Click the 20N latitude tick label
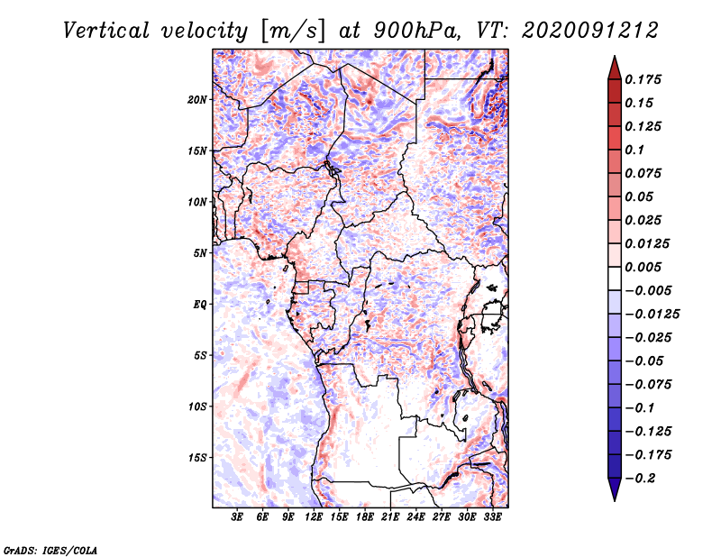tap(198, 99)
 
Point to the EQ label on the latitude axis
tap(200, 305)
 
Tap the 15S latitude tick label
tap(198, 458)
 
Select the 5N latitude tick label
tap(200, 253)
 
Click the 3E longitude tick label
tap(238, 517)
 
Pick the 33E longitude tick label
tap(492, 517)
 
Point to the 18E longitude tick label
tap(365, 517)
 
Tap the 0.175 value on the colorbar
tap(643, 79)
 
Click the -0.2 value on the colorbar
tap(641, 478)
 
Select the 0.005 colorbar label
tap(643, 267)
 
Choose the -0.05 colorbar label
tap(643, 361)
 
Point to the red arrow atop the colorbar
tap(613, 66)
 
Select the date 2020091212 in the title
tap(582, 30)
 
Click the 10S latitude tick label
tap(198, 406)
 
